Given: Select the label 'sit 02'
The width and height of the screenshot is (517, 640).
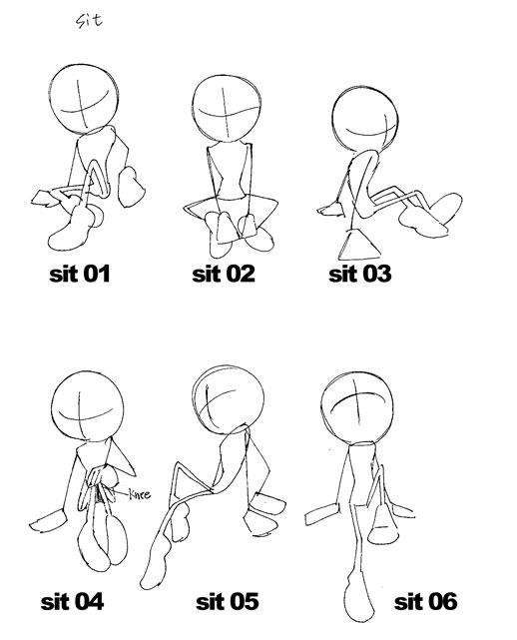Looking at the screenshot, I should pyautogui.click(x=223, y=274).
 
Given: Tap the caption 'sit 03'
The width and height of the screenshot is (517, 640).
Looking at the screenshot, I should pyautogui.click(x=360, y=274).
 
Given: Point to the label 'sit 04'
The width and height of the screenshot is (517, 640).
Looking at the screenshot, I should pyautogui.click(x=72, y=602).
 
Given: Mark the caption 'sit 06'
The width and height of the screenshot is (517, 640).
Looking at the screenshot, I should pyautogui.click(x=425, y=602).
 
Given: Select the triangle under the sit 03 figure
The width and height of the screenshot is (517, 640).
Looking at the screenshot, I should pyautogui.click(x=354, y=245).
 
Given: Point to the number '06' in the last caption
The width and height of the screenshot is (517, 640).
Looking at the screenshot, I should pyautogui.click(x=441, y=602).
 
